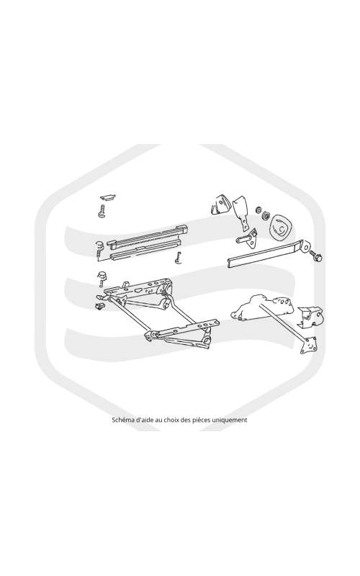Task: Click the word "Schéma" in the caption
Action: [x=121, y=420]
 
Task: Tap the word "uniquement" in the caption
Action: [x=233, y=420]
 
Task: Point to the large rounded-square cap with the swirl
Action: [x=281, y=228]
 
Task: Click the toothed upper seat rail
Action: [x=148, y=235]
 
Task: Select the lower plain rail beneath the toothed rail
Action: [x=146, y=249]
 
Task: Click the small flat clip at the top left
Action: [x=108, y=198]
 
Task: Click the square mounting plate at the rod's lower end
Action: [x=309, y=346]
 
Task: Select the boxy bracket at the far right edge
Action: [x=311, y=316]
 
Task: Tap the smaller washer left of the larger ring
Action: [x=258, y=210]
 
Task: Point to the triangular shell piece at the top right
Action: [x=221, y=204]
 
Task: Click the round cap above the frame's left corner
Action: [x=102, y=275]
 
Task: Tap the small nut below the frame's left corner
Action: [x=99, y=305]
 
